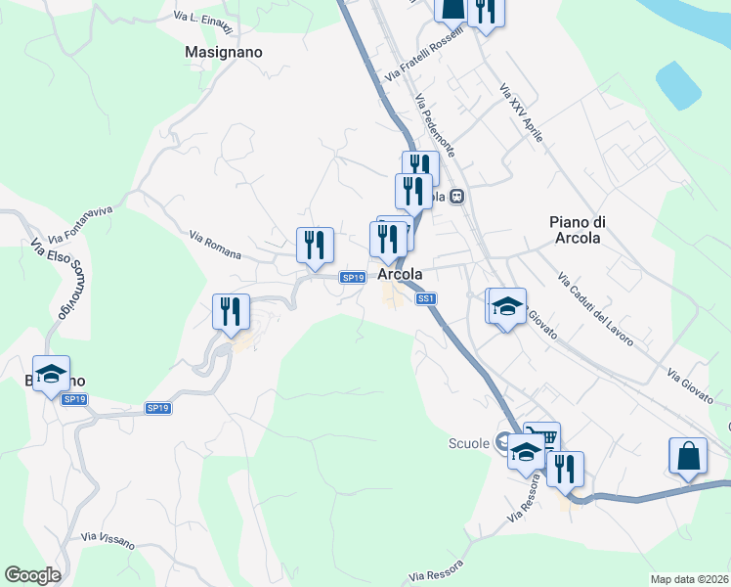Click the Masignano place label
[224, 53]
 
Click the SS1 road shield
[425, 299]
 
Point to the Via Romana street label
[215, 245]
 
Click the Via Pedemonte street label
[435, 127]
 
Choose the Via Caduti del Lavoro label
[595, 310]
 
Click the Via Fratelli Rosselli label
[422, 61]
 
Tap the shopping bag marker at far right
[688, 456]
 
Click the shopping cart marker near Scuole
[541, 436]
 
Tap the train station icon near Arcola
[456, 197]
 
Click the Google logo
[32, 575]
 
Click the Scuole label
[468, 444]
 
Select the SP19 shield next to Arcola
[353, 278]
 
